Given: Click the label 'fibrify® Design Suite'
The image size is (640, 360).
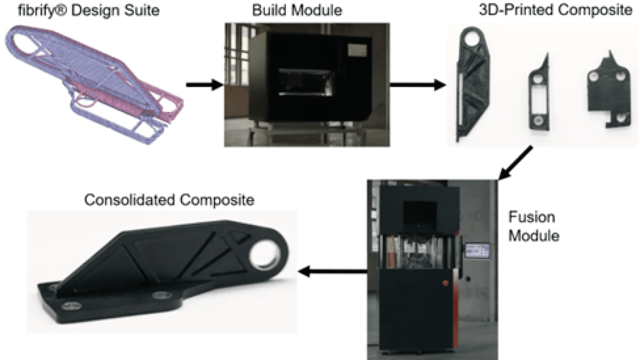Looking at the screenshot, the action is point(88,10).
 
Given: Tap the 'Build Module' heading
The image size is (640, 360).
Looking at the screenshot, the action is point(297,10).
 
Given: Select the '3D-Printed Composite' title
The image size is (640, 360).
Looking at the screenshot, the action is point(555,10).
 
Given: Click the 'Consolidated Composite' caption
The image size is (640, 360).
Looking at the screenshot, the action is point(169,199).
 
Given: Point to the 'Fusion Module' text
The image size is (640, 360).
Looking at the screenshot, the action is point(533,226).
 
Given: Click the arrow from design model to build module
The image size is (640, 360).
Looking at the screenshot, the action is point(204,85).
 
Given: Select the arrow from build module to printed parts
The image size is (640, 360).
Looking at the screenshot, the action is point(417,85).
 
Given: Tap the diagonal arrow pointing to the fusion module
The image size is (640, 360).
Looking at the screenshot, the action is point(515,163).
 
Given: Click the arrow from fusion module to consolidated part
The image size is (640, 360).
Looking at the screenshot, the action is point(332,271).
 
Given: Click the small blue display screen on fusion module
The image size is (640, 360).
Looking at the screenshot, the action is point(477,250).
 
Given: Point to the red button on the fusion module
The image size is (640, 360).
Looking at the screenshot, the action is point(445,283).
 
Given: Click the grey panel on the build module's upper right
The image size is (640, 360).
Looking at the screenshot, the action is point(357,50).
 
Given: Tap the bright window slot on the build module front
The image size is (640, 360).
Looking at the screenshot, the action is point(305,82).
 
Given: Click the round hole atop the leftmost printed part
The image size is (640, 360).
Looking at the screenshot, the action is point(471,38).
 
